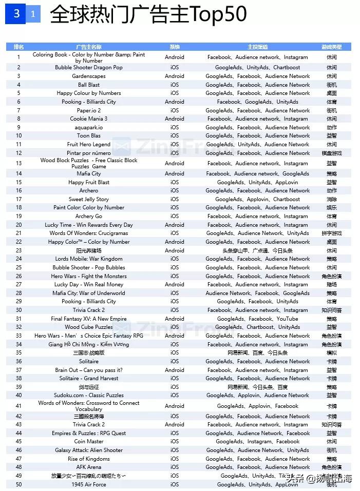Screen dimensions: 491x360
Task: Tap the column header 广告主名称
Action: pos(89,47)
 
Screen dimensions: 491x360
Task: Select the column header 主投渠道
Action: pos(257,47)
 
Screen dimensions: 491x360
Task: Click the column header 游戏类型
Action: pos(331,47)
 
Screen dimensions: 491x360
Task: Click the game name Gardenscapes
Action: pos(89,76)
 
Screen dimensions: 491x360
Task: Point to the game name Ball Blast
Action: pos(89,85)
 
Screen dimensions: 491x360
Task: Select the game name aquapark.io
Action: pos(89,127)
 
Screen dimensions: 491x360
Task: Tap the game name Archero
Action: pos(89,190)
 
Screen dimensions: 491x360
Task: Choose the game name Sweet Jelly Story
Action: pos(89,199)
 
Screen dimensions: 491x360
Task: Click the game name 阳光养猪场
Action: pos(89,250)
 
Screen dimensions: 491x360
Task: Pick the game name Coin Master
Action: pos(89,441)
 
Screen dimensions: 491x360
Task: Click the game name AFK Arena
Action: pos(89,467)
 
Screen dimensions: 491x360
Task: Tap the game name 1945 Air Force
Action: pos(89,484)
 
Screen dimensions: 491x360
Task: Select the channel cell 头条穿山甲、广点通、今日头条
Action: pos(257,250)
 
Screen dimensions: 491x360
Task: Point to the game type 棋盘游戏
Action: pos(331,153)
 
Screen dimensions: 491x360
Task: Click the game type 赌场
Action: pos(331,284)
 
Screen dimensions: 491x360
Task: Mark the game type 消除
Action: pos(331,199)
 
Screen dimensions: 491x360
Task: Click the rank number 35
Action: pos(19,352)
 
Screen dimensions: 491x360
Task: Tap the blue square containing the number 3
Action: pos(16,14)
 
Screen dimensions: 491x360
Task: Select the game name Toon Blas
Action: pos(89,136)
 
